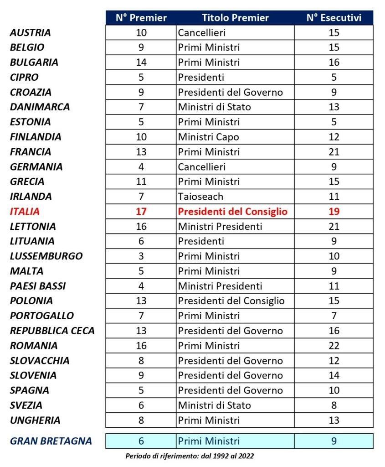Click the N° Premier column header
click(x=141, y=18)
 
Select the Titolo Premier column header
click(x=235, y=18)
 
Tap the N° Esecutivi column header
click(x=334, y=18)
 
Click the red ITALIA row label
click(x=25, y=212)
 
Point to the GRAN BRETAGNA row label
click(x=51, y=441)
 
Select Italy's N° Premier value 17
click(x=141, y=212)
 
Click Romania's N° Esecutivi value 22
click(x=334, y=346)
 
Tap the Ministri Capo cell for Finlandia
click(x=208, y=137)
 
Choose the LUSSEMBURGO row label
click(x=46, y=256)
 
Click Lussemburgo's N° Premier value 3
click(x=141, y=256)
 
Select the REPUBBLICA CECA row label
click(x=52, y=331)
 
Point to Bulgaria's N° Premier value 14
click(x=141, y=62)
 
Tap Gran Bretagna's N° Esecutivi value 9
click(x=334, y=441)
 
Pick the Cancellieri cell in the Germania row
click(x=202, y=167)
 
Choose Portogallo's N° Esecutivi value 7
click(x=334, y=316)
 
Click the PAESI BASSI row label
click(x=38, y=286)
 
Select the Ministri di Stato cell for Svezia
click(x=214, y=405)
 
